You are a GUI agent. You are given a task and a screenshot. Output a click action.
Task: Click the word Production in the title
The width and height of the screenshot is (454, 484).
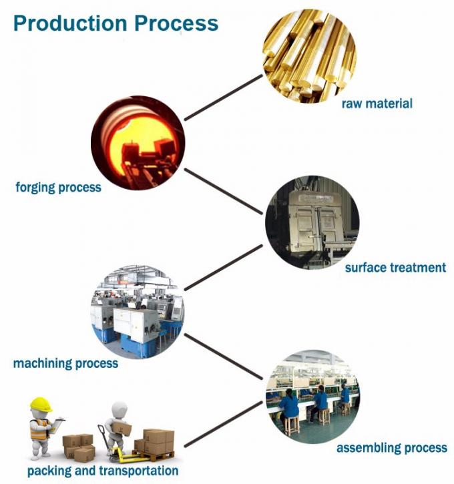(70, 23)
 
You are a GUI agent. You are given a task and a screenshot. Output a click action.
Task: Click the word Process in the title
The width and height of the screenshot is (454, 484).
(176, 23)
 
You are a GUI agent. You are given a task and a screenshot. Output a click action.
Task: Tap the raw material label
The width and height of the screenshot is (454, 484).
(377, 103)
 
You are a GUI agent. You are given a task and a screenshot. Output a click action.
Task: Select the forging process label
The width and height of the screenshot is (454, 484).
(58, 188)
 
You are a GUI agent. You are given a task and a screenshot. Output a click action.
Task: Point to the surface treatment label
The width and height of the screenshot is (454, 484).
(395, 267)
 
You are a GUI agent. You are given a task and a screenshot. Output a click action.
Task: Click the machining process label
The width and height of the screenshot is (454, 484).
(65, 363)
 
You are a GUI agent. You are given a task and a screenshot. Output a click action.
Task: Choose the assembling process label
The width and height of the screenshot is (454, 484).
(392, 447)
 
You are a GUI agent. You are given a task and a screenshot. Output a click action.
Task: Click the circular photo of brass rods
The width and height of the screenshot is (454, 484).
(310, 56)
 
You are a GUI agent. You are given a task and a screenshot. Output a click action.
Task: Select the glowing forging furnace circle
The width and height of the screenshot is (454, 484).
(138, 143)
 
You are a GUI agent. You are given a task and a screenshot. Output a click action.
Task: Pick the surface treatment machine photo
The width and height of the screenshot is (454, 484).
(312, 222)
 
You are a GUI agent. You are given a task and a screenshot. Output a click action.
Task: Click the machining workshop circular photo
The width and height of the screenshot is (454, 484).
(138, 312)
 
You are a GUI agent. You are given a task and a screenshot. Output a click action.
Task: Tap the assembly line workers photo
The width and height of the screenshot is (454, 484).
(312, 397)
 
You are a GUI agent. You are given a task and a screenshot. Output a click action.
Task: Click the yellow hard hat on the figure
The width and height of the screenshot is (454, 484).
(41, 404)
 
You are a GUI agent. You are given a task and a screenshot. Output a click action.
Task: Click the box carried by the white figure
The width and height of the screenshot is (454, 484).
(122, 429)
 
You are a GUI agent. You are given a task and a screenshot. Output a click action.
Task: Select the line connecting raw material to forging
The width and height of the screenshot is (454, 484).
(223, 97)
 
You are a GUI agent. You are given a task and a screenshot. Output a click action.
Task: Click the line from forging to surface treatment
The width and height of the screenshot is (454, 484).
(223, 191)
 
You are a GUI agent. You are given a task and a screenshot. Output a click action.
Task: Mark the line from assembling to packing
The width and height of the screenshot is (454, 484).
(223, 424)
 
